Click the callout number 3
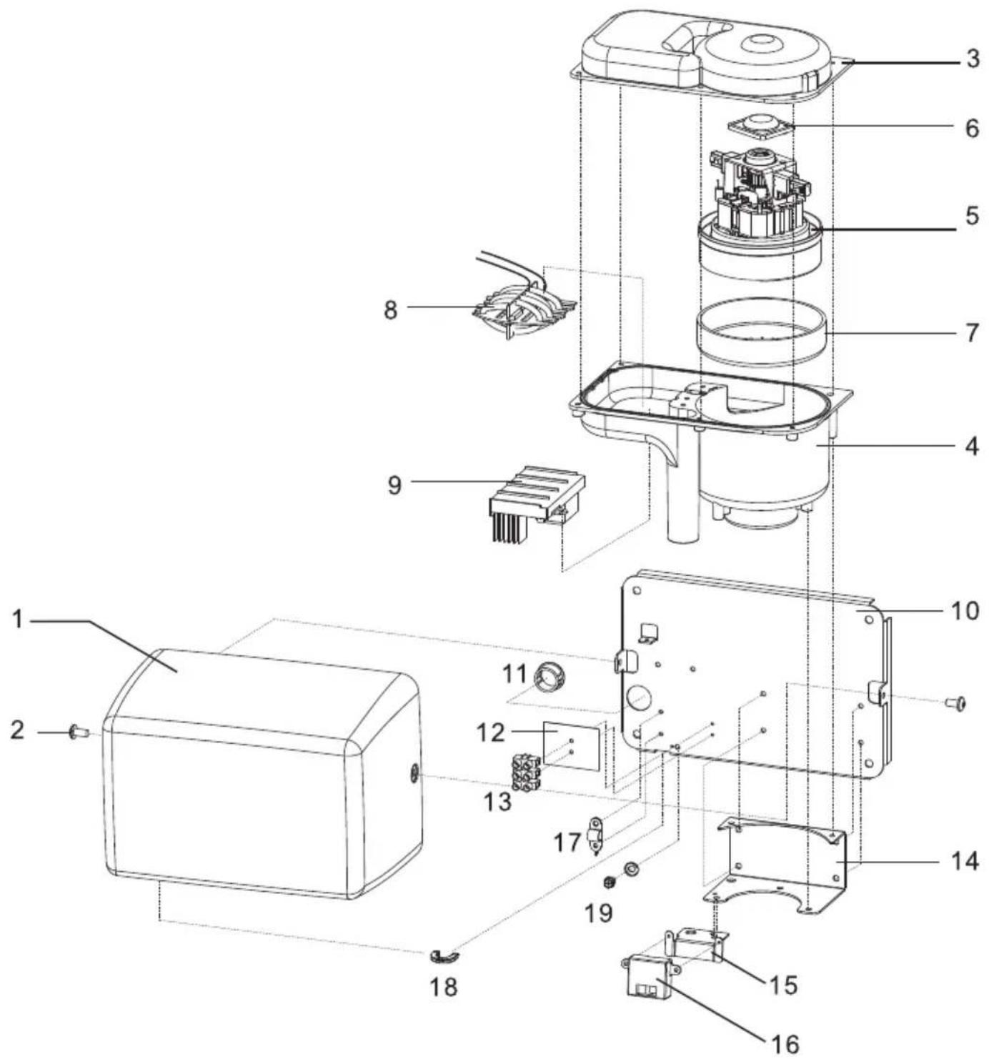coord(972,59)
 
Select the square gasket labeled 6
coord(761,125)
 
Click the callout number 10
coord(964,611)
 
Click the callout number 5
coord(972,215)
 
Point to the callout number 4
coord(971,446)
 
